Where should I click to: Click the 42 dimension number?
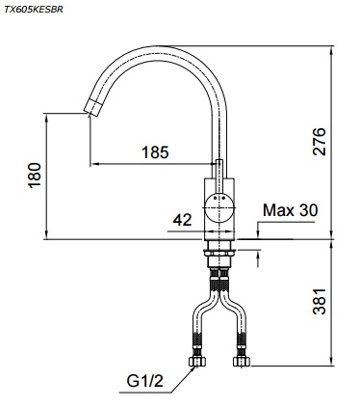[x=182, y=220]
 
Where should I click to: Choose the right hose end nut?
[x=241, y=363]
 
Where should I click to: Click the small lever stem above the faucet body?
[x=219, y=169]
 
